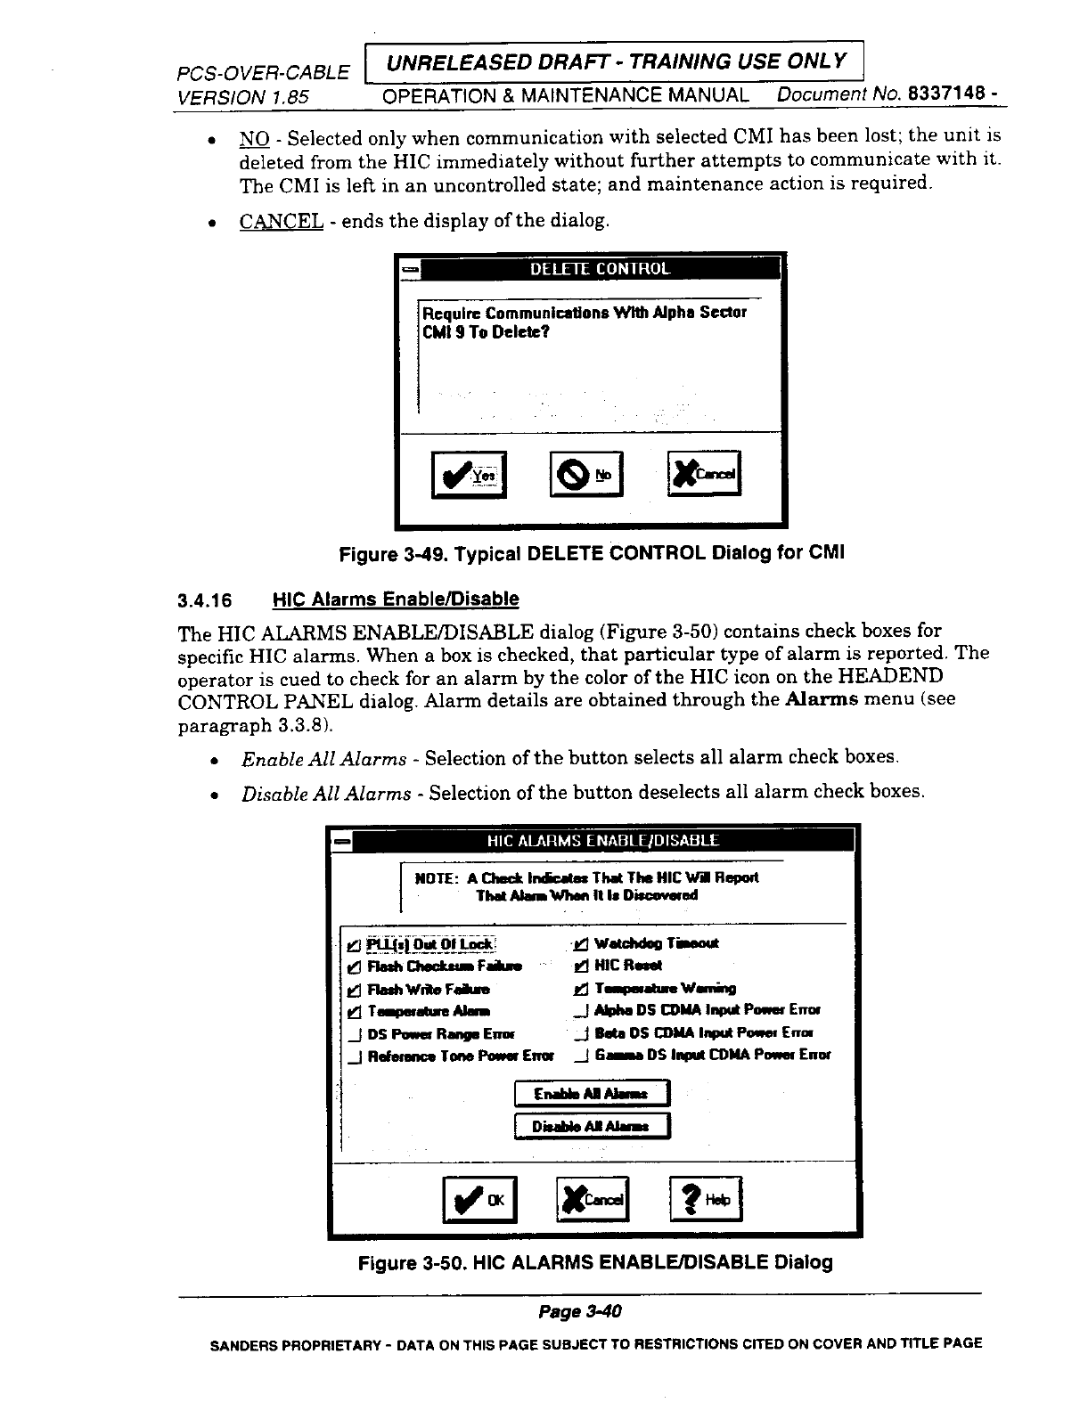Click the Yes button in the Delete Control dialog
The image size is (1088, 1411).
tap(468, 474)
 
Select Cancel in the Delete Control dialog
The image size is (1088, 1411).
tap(704, 474)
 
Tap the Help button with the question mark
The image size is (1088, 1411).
tap(705, 1200)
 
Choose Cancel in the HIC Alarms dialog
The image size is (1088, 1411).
tap(593, 1200)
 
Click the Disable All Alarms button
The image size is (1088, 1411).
tap(592, 1127)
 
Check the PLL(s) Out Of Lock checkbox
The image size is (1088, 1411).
tap(354, 945)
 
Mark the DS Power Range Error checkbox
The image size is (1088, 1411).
tap(355, 1034)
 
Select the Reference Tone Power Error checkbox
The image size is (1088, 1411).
tap(355, 1056)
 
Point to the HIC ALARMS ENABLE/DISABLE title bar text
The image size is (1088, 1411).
tap(602, 840)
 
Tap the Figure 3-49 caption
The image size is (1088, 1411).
tap(592, 553)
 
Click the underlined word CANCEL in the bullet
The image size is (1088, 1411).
tap(281, 221)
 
